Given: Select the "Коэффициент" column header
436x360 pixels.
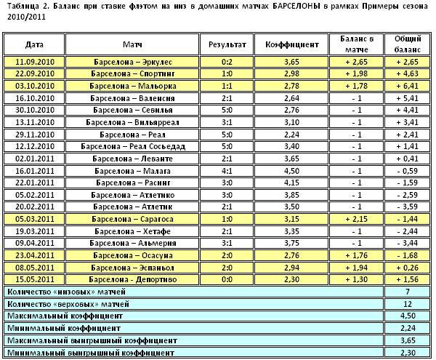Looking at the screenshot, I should coord(299,44).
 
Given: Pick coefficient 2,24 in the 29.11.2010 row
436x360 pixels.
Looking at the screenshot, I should coord(291,135).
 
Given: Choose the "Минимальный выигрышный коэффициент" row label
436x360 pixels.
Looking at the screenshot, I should coord(92,352).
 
